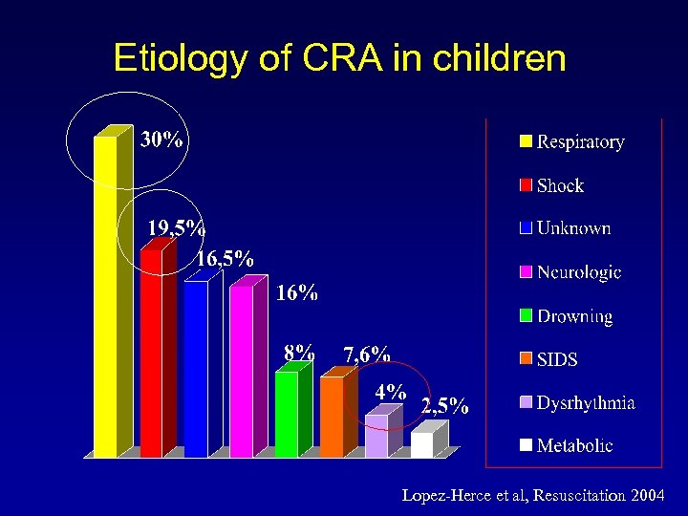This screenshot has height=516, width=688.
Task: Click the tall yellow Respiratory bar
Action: click(x=105, y=296)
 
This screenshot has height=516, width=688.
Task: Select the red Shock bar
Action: click(x=151, y=354)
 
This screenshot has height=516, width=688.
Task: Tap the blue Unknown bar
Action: click(x=196, y=369)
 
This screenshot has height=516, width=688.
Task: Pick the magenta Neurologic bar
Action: click(x=241, y=372)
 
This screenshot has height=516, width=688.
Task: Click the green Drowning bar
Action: click(x=287, y=414)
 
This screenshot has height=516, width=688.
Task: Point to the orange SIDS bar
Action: click(x=331, y=417)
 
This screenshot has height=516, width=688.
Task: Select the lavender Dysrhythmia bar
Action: click(x=376, y=436)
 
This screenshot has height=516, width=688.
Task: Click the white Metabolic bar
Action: click(x=421, y=445)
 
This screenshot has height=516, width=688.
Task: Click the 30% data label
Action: click(x=162, y=140)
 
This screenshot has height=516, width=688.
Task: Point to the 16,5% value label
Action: click(x=226, y=258)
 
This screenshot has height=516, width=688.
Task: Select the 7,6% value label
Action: click(x=367, y=355)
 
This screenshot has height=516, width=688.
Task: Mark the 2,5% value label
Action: click(x=445, y=406)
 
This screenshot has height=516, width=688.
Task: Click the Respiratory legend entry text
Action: click(x=580, y=142)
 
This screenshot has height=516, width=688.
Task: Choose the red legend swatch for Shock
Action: click(x=526, y=185)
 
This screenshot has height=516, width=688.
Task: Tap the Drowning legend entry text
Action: click(x=574, y=316)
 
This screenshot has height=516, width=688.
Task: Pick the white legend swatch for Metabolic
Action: click(x=526, y=445)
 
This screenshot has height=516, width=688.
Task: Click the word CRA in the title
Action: click(x=337, y=59)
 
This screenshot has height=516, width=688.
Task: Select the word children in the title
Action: click(x=499, y=59)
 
